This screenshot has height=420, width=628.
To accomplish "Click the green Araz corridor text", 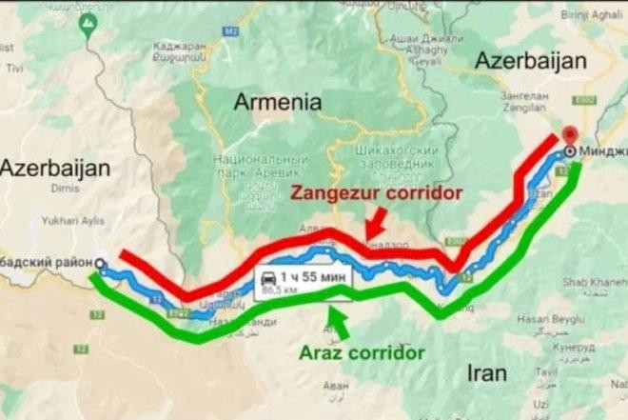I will tap(362, 352).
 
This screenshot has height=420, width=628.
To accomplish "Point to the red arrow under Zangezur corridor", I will tap(374, 226).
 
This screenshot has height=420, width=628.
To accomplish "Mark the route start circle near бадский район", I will tap(101, 263).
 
